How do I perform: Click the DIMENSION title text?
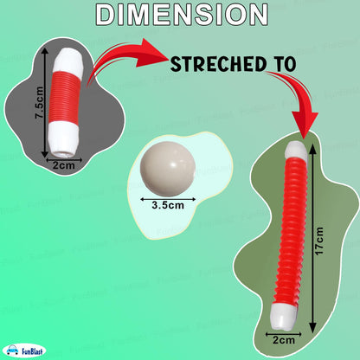pos(182,15)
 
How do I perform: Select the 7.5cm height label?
pos(39,103)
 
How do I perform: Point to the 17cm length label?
pos(319,241)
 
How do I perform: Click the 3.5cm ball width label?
pos(168,205)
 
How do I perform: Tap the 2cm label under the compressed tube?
pos(64,165)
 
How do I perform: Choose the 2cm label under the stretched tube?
pos(284,340)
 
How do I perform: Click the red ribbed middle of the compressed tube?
pos(65,98)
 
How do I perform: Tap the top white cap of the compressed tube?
pos(69,61)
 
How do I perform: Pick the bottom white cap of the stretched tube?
pos(283,316)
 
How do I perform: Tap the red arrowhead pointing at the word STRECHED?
pos(153,54)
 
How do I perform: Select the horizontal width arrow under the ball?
pos(168,199)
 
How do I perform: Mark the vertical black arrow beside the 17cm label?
pos(312,238)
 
